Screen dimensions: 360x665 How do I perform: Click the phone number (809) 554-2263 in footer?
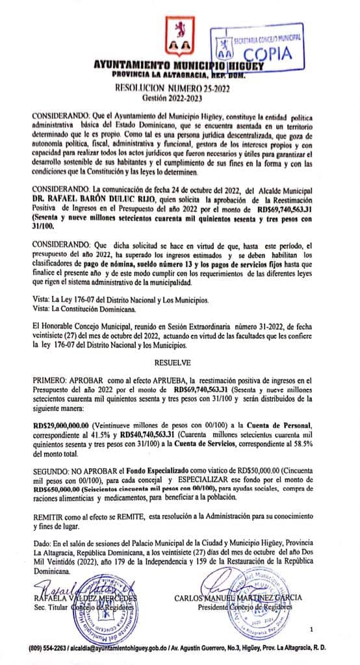click(x=48, y=649)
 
